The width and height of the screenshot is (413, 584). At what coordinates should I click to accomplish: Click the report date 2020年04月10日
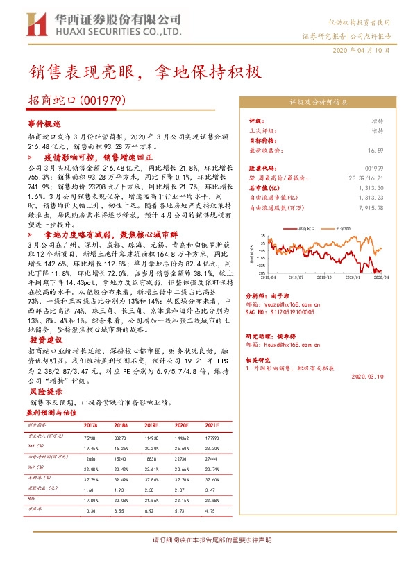[366, 51]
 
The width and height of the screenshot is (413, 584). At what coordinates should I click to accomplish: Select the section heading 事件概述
[44, 121]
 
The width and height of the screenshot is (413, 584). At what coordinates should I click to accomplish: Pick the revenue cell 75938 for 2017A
[90, 438]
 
